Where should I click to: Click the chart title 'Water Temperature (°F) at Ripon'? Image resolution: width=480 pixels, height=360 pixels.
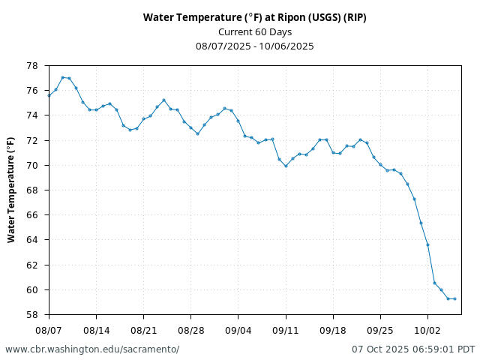point(255,17)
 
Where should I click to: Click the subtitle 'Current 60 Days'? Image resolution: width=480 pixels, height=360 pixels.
point(255,31)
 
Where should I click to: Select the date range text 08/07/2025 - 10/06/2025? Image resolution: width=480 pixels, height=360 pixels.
point(255,46)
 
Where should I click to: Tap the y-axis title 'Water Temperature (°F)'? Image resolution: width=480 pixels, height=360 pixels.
point(11,190)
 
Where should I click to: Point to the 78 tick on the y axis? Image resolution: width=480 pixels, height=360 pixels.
point(33,66)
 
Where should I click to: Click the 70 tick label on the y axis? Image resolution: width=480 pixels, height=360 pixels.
point(33,165)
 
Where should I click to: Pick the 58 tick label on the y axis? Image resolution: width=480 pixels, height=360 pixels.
point(33,315)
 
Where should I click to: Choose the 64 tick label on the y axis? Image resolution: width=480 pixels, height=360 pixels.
point(33,240)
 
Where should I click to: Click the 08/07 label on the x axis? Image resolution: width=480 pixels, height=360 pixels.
point(49,329)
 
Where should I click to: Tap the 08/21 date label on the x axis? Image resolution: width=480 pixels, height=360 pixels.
point(143,329)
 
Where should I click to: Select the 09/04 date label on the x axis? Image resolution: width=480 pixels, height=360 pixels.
point(238,329)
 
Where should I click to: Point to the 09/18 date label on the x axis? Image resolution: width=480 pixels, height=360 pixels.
point(333,329)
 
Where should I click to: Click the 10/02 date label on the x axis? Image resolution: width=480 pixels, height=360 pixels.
point(427,329)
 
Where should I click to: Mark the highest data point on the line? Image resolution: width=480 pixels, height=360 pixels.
point(62,77)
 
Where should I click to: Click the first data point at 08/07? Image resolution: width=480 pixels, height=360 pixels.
point(49,95)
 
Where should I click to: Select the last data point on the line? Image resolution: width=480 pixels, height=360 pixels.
point(454,298)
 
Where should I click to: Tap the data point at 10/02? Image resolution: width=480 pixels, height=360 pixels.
point(427,244)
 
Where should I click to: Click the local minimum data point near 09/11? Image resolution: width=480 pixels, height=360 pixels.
point(286,166)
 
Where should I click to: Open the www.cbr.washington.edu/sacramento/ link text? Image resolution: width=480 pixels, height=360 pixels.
point(92,349)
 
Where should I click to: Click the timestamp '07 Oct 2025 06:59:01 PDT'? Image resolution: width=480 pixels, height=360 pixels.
point(413,349)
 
